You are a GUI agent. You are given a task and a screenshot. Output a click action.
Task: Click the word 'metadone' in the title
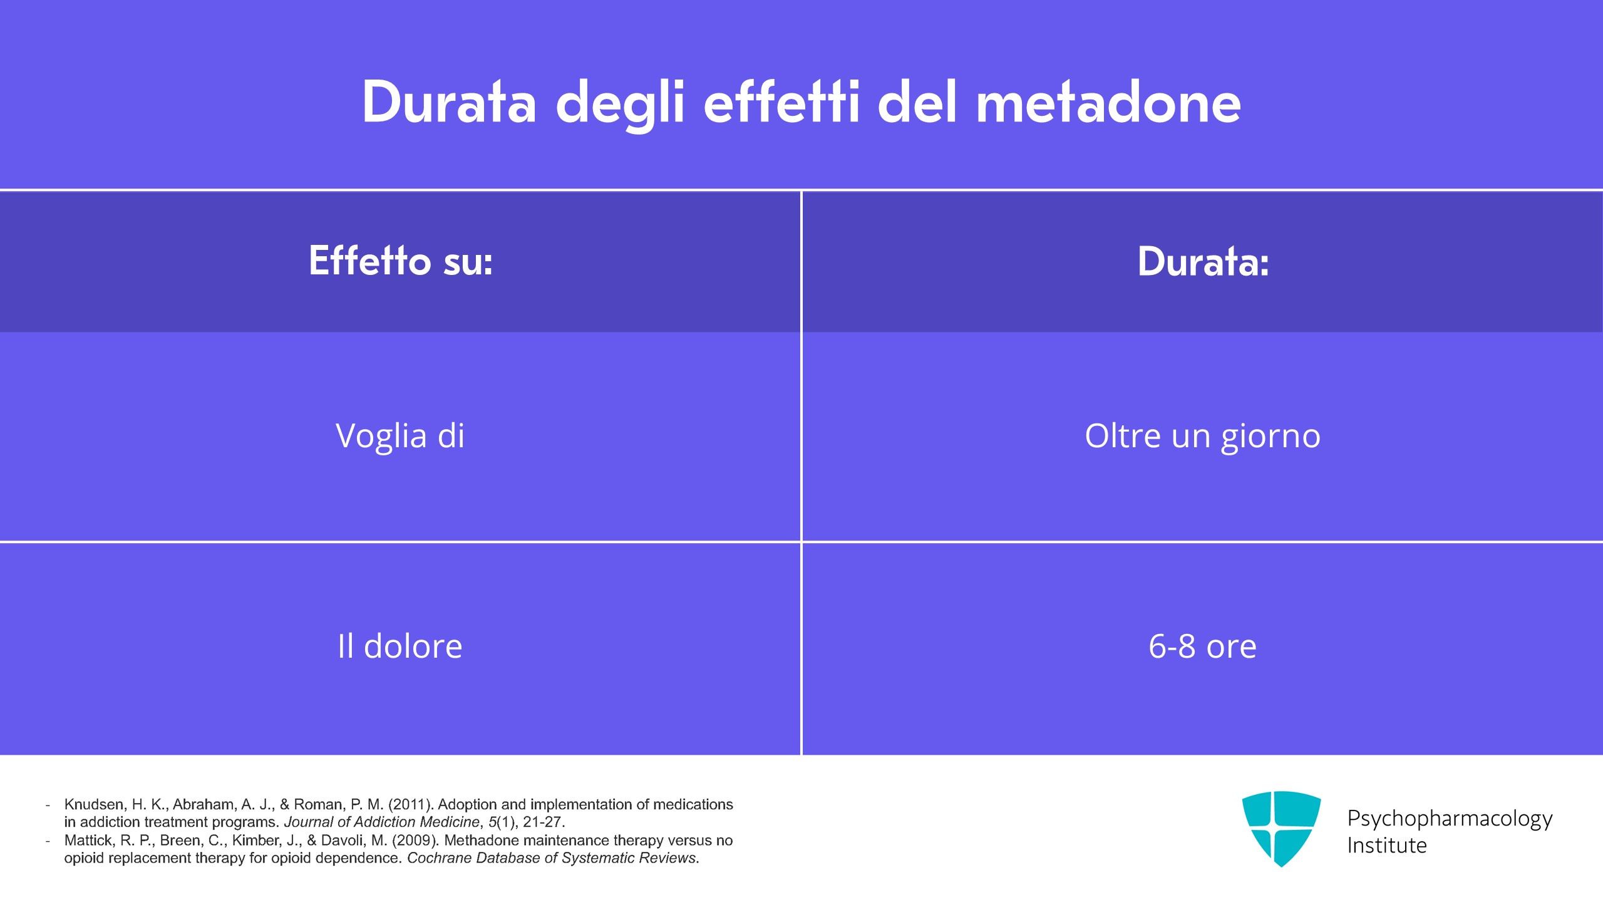1108,103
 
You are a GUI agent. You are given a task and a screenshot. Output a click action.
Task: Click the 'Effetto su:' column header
401,261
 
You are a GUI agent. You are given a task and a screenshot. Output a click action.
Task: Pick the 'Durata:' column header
1203,261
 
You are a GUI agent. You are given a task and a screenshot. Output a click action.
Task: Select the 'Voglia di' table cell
400,437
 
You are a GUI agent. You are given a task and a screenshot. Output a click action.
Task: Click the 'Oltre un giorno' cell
1202,437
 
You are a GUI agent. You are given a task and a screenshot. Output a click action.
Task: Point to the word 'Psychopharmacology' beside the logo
1450,819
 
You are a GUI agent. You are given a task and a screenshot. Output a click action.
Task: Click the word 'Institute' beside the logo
1387,846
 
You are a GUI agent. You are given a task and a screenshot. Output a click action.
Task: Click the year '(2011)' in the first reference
411,804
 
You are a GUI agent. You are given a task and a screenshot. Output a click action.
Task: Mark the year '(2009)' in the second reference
416,840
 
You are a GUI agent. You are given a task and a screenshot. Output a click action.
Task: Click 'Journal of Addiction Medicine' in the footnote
382,822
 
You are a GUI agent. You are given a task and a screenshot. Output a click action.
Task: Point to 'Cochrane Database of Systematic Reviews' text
552,858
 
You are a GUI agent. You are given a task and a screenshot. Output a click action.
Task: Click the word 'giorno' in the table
1271,437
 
